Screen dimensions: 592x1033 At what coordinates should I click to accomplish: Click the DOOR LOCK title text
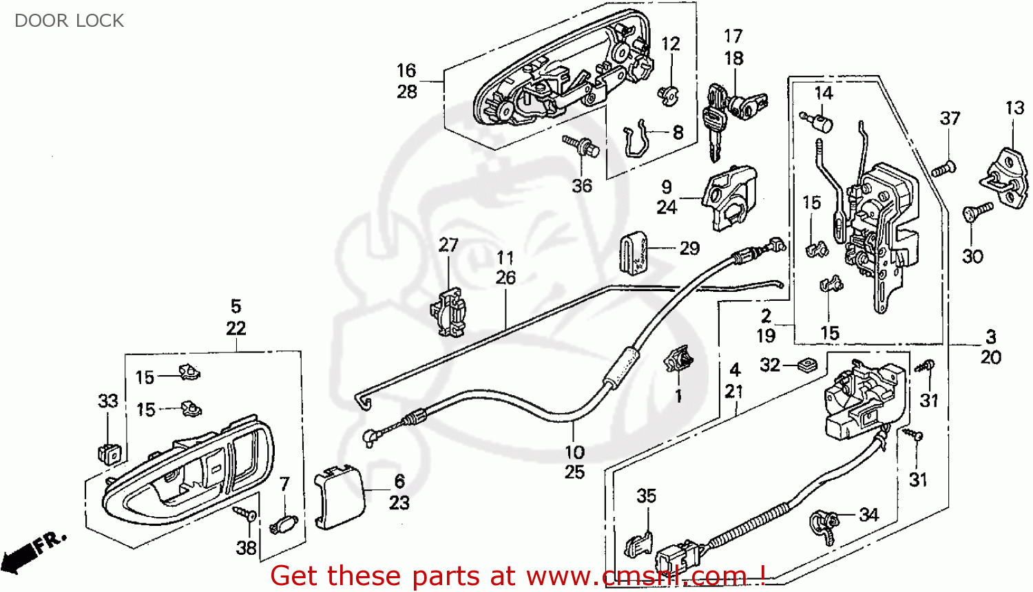[69, 21]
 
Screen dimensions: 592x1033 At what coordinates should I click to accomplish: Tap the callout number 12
[670, 44]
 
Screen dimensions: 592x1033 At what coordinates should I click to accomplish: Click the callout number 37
[950, 118]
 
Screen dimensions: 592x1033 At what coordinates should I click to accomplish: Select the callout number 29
[689, 249]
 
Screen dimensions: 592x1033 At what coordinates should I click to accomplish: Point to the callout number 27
[448, 245]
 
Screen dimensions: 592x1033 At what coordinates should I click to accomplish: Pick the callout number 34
[868, 514]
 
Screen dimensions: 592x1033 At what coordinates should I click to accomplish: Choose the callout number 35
[646, 496]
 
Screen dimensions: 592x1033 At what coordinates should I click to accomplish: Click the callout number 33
[108, 401]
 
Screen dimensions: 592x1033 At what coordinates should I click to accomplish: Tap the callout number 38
[246, 547]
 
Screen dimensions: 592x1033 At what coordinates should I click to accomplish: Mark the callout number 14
[824, 93]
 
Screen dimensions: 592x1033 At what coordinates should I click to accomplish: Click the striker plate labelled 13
[1008, 178]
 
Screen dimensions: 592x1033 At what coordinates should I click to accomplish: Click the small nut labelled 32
[804, 364]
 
